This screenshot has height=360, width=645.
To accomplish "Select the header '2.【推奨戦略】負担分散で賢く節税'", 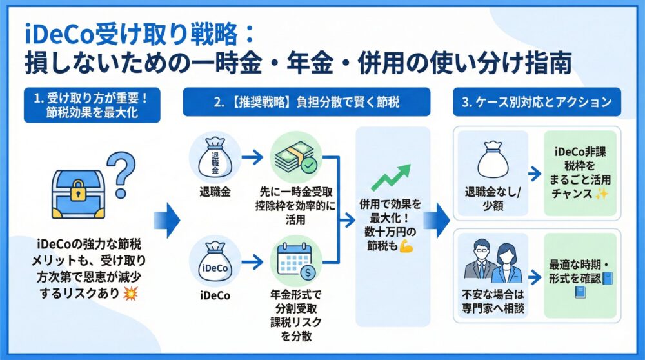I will point(306,101).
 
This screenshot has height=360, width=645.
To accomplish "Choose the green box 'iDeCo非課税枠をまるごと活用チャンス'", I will point(580,174).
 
